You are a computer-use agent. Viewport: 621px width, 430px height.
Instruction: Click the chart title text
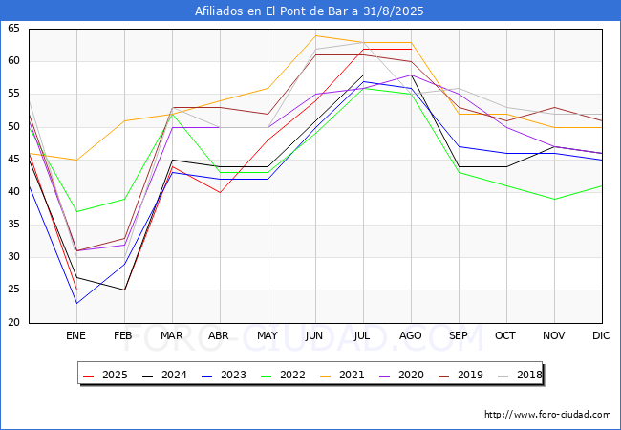click(310, 11)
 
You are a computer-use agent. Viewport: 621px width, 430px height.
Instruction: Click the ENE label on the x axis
click(75, 336)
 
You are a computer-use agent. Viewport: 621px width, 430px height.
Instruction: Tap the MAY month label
click(268, 336)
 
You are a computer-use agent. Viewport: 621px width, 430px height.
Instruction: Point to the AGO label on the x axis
click(411, 336)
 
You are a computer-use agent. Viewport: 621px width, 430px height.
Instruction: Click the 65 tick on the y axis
click(13, 30)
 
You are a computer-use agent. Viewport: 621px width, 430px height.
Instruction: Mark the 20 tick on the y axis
click(13, 323)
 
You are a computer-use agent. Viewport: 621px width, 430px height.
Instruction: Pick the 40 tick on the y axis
click(13, 192)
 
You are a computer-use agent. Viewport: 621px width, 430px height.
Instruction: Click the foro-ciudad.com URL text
click(547, 415)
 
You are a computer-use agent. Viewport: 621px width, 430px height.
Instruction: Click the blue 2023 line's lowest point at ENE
click(76, 303)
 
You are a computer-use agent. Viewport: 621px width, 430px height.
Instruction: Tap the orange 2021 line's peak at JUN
click(315, 36)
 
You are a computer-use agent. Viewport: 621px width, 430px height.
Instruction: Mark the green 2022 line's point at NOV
click(554, 199)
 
